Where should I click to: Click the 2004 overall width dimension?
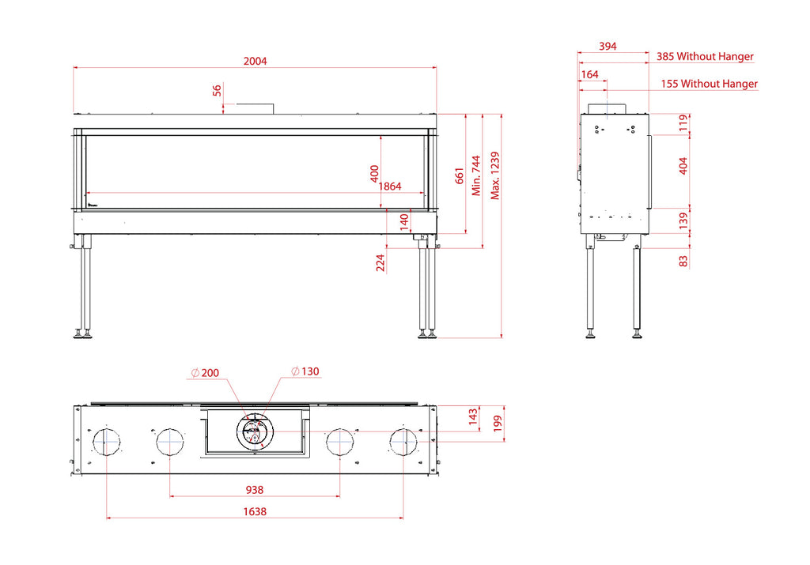(x=255, y=62)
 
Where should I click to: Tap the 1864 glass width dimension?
(x=390, y=186)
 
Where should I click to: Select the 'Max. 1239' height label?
(x=495, y=175)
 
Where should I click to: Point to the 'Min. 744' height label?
(x=475, y=175)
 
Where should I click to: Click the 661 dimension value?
(x=460, y=175)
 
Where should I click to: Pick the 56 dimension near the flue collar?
(x=217, y=90)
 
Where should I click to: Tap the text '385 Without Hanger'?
(x=705, y=56)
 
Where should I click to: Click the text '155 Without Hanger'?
(x=710, y=84)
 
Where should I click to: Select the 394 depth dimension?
(x=607, y=47)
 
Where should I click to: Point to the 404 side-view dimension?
(x=683, y=166)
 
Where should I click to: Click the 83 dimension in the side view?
(x=683, y=261)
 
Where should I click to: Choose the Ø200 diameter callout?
(x=205, y=372)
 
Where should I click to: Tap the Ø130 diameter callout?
(x=305, y=371)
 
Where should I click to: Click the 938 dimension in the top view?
(x=255, y=490)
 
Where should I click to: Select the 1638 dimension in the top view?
(x=255, y=511)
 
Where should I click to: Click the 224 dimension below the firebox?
(x=380, y=262)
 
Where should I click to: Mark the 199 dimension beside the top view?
(x=498, y=424)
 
